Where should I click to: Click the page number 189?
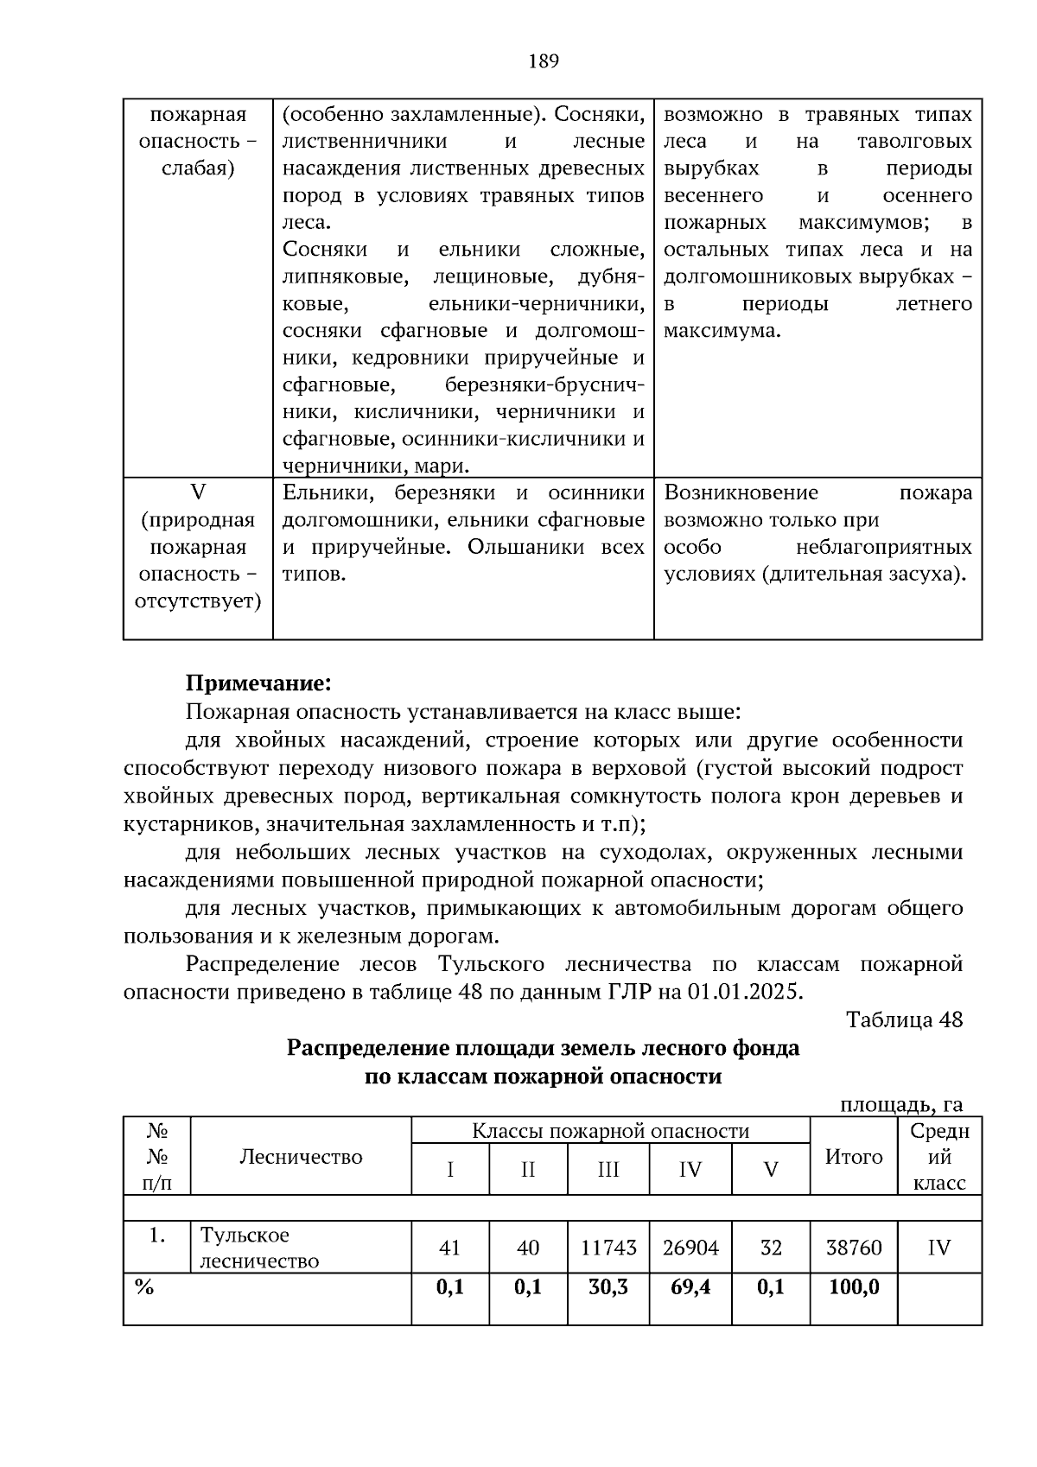[543, 61]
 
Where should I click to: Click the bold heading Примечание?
[258, 683]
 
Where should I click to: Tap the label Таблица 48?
[904, 1019]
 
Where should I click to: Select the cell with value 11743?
[608, 1248]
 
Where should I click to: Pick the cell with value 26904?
[690, 1248]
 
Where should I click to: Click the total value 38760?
[854, 1248]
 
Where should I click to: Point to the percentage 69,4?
[690, 1287]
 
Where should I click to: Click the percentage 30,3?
[608, 1287]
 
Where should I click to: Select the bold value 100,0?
[854, 1287]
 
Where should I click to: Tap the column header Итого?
[854, 1157]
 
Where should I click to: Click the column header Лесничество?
[301, 1157]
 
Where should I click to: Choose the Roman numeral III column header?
[608, 1170]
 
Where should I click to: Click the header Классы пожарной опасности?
[610, 1131]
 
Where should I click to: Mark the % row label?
[144, 1287]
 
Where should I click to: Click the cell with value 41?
[450, 1248]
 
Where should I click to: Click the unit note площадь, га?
[901, 1104]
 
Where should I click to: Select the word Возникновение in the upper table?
[741, 493]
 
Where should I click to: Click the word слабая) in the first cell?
[198, 168]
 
